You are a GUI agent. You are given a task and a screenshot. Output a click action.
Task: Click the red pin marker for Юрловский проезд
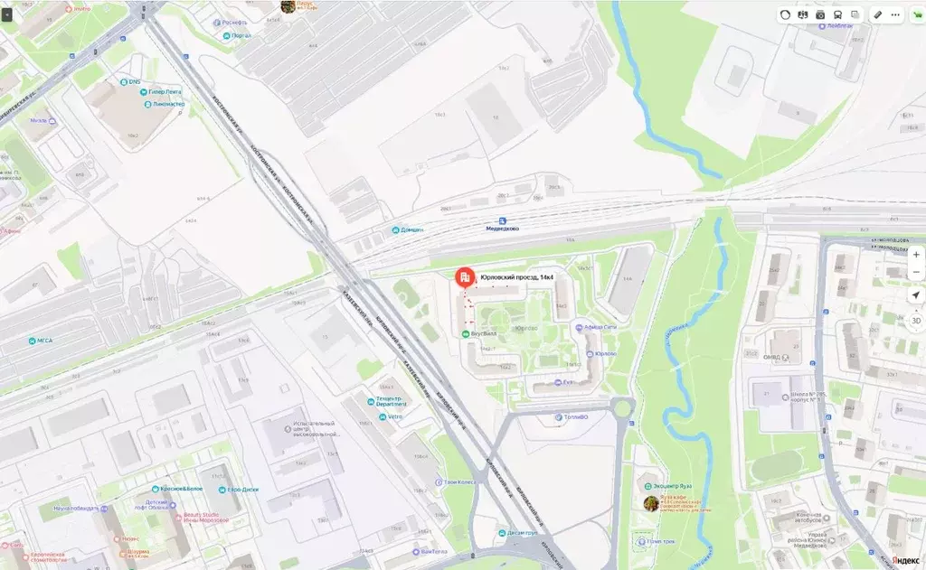tap(463, 276)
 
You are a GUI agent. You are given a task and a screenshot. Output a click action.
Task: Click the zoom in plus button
tap(915, 255)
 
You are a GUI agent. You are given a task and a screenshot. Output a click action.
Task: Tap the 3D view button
tap(915, 320)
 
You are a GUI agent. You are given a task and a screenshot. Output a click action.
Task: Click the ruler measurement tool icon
tap(876, 14)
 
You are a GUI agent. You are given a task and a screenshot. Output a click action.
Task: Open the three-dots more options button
tap(895, 14)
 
